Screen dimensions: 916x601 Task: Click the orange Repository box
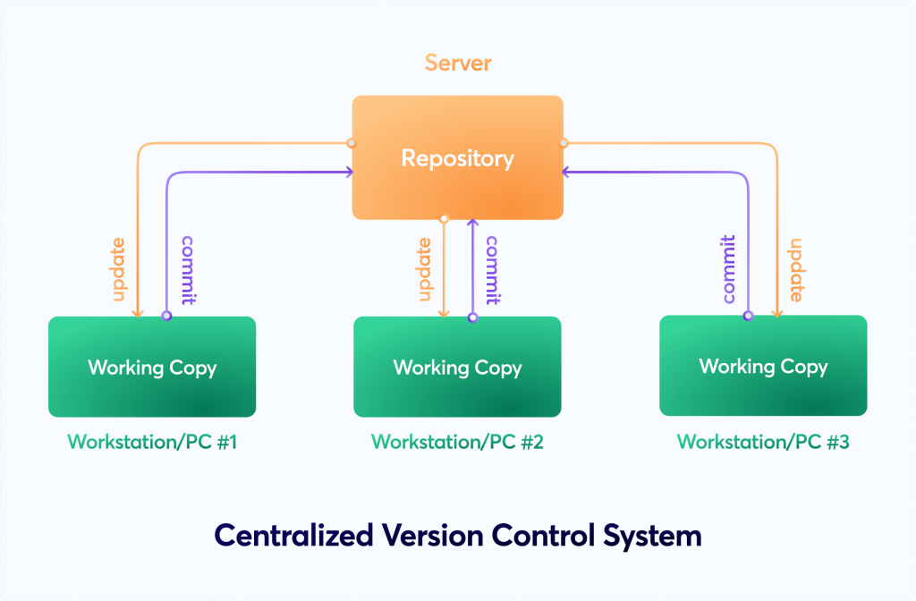coord(457,157)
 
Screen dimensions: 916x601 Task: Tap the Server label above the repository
coord(458,63)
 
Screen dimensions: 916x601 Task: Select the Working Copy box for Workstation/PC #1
coord(152,367)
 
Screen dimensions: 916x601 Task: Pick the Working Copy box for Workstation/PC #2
coord(457,367)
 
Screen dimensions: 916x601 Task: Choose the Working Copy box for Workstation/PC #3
coord(763,366)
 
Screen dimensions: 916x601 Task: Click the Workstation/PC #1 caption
coord(152,442)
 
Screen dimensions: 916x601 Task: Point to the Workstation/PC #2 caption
coord(457,442)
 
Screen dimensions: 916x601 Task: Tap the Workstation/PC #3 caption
coord(763,442)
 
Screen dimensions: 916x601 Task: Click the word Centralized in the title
coord(293,535)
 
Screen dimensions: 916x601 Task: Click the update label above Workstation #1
coord(119,269)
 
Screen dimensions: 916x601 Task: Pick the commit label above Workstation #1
coord(188,270)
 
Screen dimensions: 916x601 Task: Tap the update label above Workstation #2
coord(425,269)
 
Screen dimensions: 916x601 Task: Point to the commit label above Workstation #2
coord(493,270)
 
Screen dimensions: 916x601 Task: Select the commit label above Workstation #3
coord(728,269)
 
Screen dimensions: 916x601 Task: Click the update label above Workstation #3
coord(796,270)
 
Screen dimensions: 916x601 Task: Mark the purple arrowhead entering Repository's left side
coord(350,172)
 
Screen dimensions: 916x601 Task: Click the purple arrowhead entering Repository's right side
coord(565,172)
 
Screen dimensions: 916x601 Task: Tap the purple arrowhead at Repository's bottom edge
coord(473,223)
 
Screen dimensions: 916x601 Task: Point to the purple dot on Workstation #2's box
coord(472,317)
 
